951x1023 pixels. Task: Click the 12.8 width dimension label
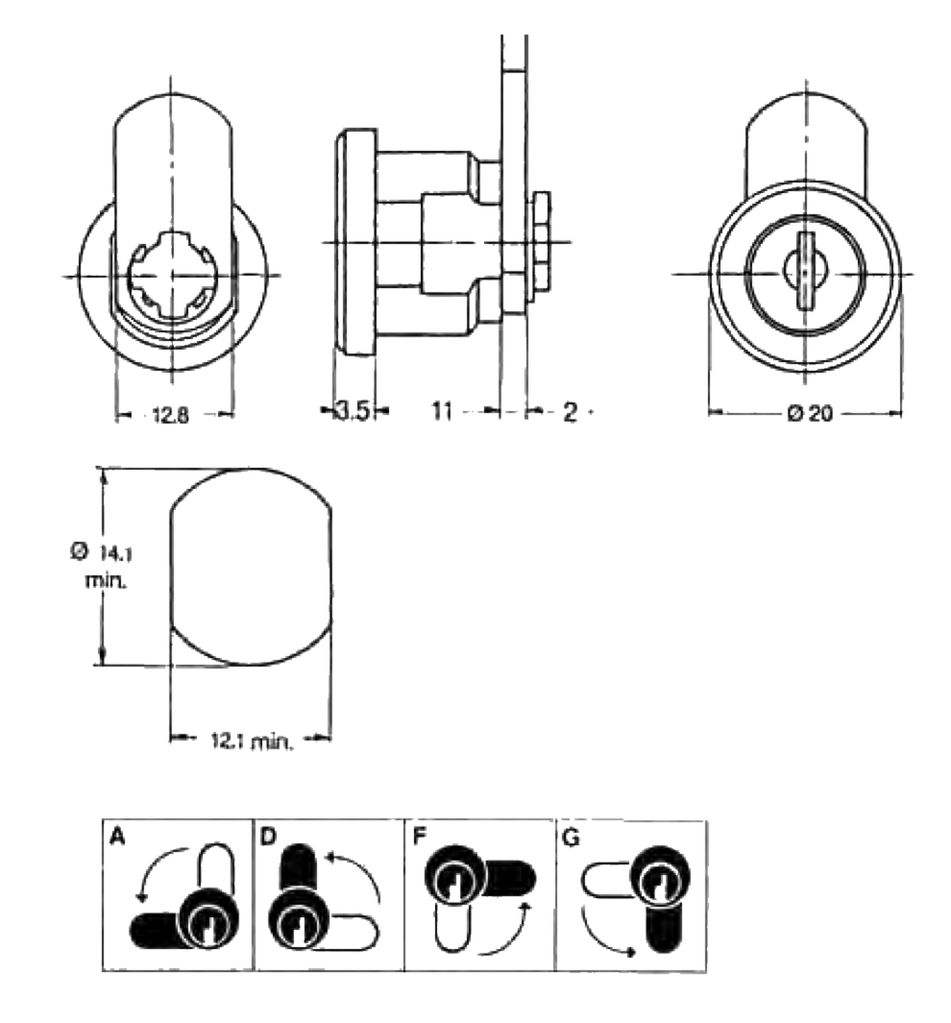click(x=171, y=415)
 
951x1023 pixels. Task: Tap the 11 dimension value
click(x=442, y=410)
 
